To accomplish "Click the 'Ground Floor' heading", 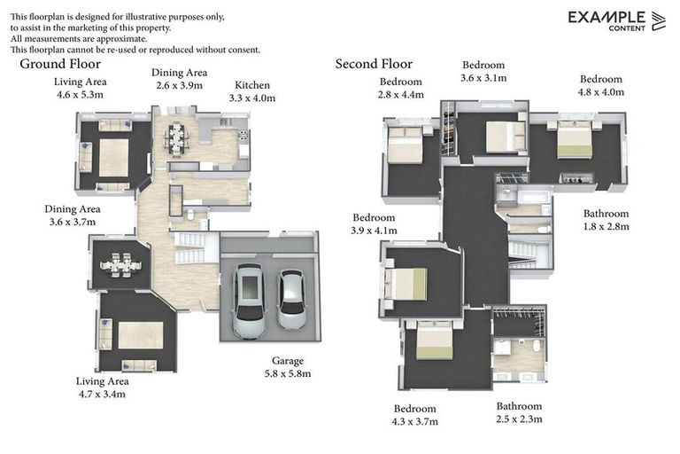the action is point(60,64).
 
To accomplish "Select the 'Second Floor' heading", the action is point(374,64).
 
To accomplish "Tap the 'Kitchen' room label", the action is point(252,85).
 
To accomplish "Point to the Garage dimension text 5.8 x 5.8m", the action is point(288,373).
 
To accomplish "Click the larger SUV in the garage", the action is point(250,301).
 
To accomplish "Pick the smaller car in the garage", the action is point(291,300).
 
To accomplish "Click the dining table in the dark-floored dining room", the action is point(121,265).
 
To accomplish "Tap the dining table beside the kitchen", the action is point(176,140).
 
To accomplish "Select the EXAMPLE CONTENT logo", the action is point(616,21).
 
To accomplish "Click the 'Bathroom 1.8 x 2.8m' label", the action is point(606,220).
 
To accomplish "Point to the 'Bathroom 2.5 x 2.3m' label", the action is point(519,412).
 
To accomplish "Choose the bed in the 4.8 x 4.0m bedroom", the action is point(574,138).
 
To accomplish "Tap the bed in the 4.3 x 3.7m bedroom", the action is point(434,340).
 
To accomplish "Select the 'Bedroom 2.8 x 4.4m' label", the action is point(401,88).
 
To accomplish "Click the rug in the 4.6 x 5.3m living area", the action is point(113,158).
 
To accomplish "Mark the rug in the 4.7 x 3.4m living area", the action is point(141,335).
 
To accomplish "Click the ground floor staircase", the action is point(191,247).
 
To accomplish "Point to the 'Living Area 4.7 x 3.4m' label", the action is point(103,387).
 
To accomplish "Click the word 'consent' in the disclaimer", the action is point(243,50).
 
